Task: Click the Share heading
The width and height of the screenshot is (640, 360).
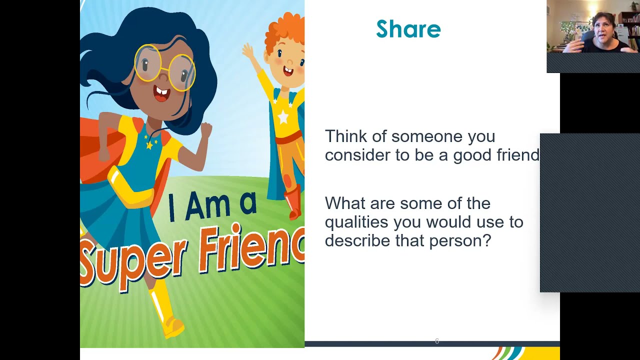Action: (x=408, y=29)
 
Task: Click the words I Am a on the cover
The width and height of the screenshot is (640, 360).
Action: (x=212, y=205)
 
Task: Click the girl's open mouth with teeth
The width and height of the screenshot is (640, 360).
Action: (x=161, y=94)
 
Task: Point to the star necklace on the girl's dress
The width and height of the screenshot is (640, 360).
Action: (x=149, y=144)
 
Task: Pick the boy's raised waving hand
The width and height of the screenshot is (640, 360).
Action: (x=248, y=50)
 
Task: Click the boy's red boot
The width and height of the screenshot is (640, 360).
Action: (x=294, y=202)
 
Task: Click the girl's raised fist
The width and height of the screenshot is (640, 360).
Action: (x=205, y=130)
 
